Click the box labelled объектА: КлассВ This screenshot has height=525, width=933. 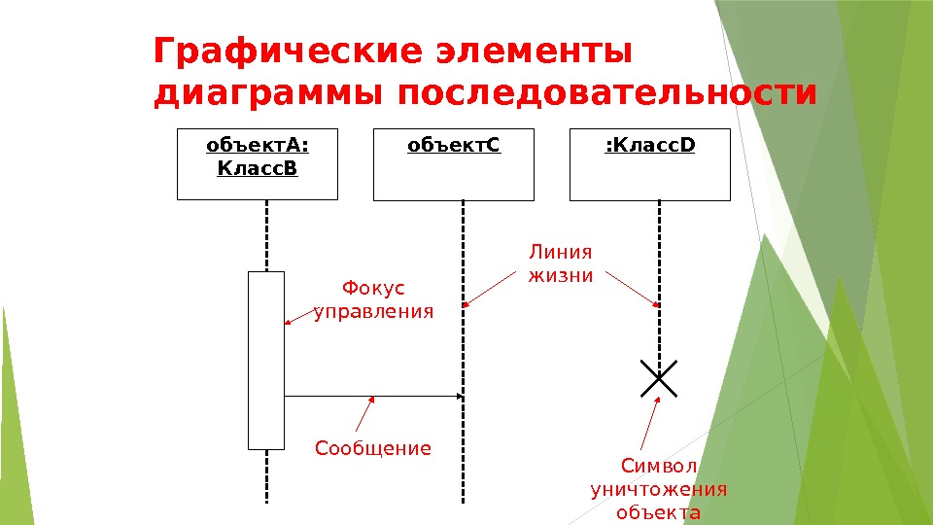(x=258, y=163)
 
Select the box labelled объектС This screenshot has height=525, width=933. (x=454, y=163)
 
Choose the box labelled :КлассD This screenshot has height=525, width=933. (x=649, y=163)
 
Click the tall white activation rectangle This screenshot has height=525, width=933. (x=266, y=360)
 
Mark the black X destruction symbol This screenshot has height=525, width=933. (x=659, y=378)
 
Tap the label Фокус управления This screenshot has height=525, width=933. (x=373, y=299)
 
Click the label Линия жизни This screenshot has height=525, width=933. (x=560, y=263)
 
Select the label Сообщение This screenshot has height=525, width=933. (x=373, y=448)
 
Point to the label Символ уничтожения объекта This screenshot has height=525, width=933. (x=659, y=489)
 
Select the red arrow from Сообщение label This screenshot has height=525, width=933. (x=364, y=414)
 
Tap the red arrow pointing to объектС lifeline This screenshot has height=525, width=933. (x=492, y=289)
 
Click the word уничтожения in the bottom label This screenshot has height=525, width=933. (x=659, y=489)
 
